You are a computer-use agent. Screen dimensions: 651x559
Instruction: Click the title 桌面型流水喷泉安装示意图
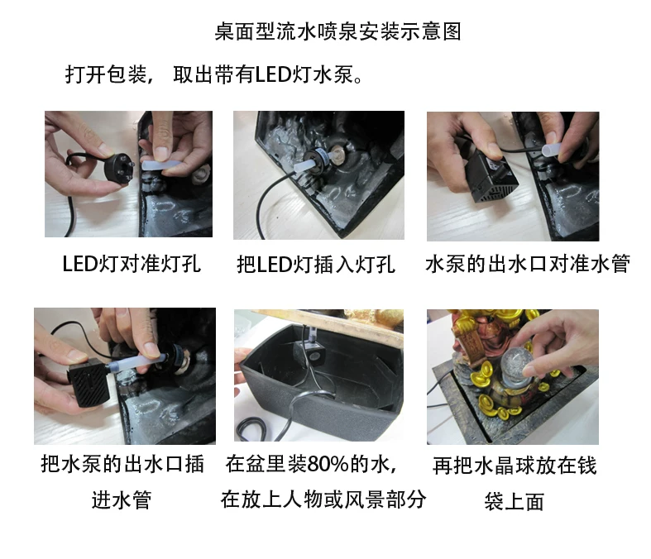(x=337, y=31)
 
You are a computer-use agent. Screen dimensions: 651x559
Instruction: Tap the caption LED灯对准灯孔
(x=132, y=264)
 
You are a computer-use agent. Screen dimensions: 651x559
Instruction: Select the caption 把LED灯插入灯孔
(x=316, y=265)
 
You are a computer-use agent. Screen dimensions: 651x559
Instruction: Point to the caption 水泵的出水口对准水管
(x=528, y=264)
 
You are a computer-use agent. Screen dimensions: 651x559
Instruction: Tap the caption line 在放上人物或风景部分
(x=323, y=499)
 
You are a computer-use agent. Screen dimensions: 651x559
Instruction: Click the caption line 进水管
(x=122, y=499)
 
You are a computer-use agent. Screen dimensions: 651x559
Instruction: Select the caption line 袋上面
(x=514, y=501)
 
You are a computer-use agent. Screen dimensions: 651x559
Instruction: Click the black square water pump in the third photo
(x=491, y=179)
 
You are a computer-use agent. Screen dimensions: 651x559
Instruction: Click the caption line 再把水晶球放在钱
(x=515, y=466)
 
